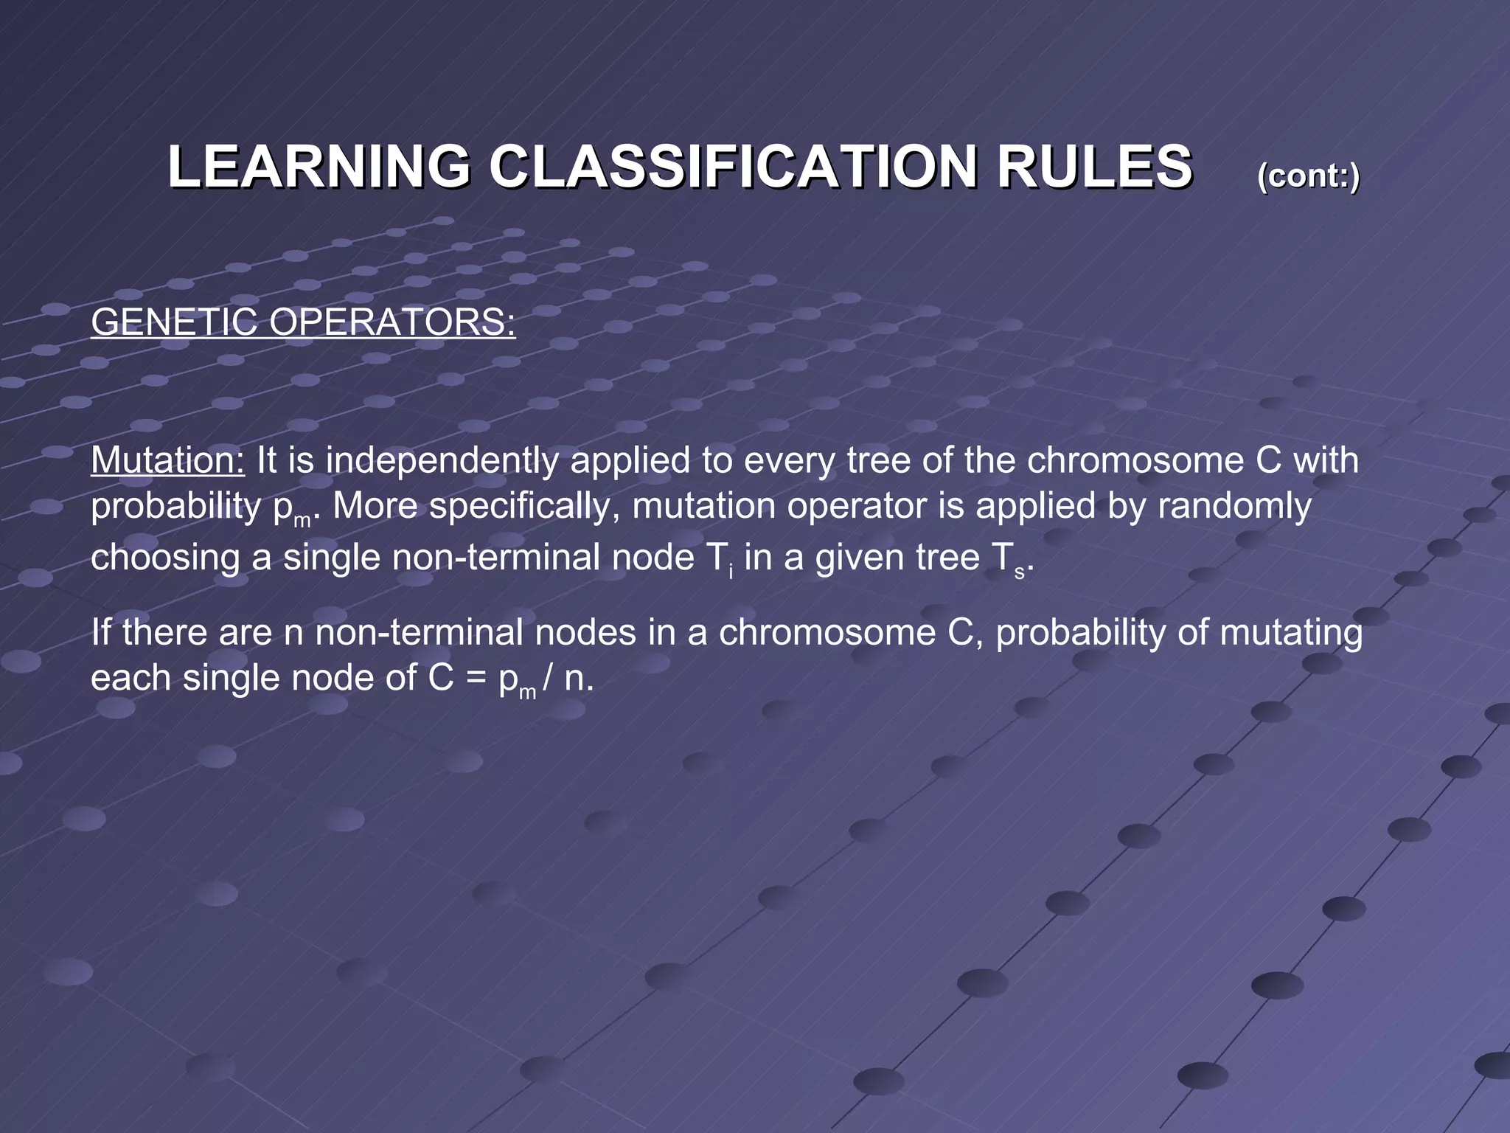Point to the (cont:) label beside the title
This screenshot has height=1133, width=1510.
coord(1308,176)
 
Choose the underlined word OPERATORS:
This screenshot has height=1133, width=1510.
coord(392,322)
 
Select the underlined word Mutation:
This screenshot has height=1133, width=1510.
coord(167,460)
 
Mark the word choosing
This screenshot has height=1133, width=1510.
coord(165,558)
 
